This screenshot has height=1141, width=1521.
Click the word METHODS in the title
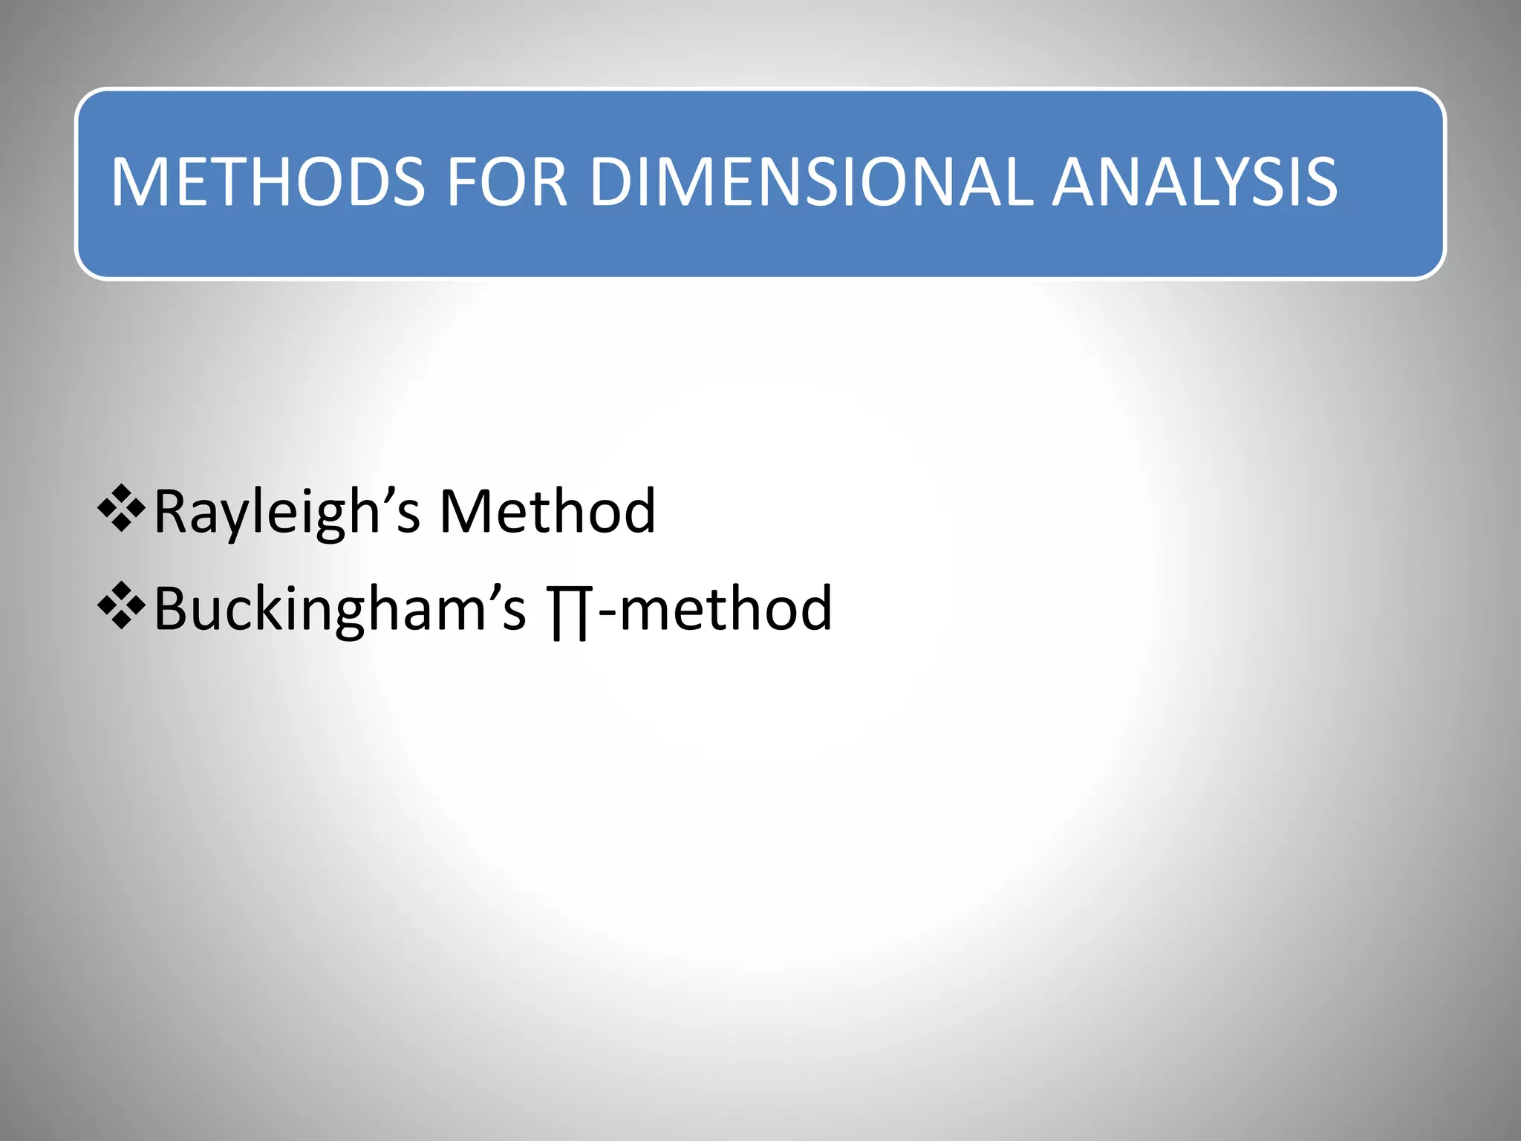(268, 182)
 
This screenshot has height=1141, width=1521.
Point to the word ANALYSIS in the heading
(1195, 182)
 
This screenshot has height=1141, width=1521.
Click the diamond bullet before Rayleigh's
(120, 509)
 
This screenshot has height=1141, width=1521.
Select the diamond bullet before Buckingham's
(120, 606)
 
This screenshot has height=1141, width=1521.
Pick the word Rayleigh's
(287, 513)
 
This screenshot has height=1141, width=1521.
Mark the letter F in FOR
(462, 182)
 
